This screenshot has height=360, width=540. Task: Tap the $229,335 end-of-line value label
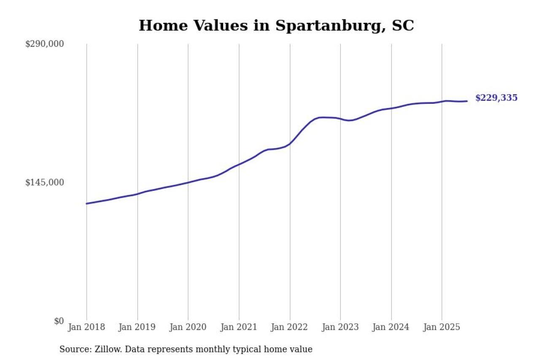[x=496, y=98]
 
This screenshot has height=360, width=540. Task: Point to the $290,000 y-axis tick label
[x=45, y=44]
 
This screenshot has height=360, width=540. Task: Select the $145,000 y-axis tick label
[x=45, y=182]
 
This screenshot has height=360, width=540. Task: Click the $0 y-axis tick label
[x=59, y=321]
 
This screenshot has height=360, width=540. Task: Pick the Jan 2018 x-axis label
[x=86, y=328]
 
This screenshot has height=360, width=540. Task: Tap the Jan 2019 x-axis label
[x=137, y=328]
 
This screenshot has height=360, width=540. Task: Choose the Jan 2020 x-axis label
[x=188, y=328]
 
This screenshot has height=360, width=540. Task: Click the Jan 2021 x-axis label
[x=239, y=328]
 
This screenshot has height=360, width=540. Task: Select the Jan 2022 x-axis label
[x=290, y=328]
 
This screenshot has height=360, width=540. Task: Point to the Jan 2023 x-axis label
[x=340, y=328]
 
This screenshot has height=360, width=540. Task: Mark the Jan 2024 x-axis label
[x=391, y=328]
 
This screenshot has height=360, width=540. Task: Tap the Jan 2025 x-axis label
[x=442, y=328]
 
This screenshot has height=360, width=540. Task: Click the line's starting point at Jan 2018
[x=86, y=203]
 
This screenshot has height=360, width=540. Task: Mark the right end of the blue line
[x=467, y=101]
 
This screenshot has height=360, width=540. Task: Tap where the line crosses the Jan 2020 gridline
[x=188, y=182]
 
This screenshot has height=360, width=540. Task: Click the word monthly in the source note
[x=222, y=349]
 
